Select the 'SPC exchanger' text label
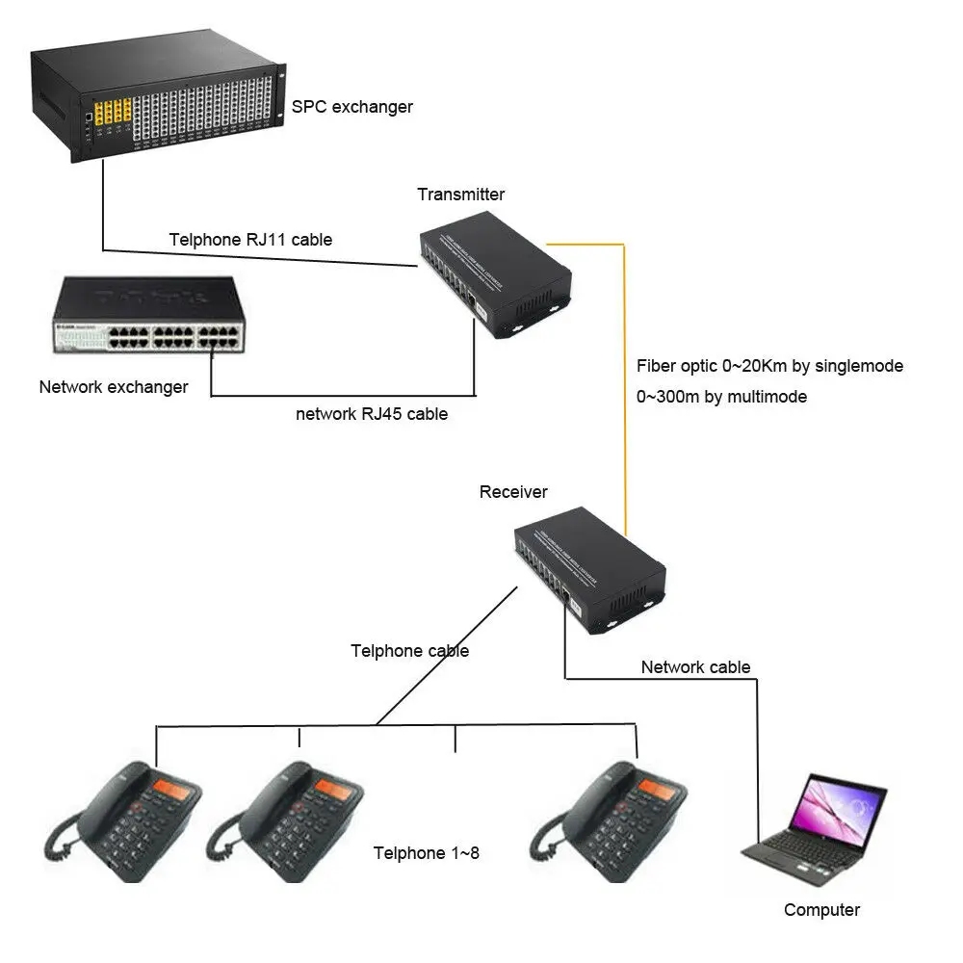[x=352, y=106]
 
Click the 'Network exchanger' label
[x=114, y=387]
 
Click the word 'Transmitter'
[x=460, y=195]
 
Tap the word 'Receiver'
[x=513, y=492]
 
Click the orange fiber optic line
[x=625, y=385]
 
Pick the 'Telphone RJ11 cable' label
[x=250, y=240]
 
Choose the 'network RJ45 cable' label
[x=371, y=414]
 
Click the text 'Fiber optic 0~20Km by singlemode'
[x=769, y=366]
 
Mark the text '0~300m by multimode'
[x=721, y=396]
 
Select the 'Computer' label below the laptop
[x=821, y=910]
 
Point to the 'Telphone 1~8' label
[x=426, y=852]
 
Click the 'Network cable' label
[x=695, y=667]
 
